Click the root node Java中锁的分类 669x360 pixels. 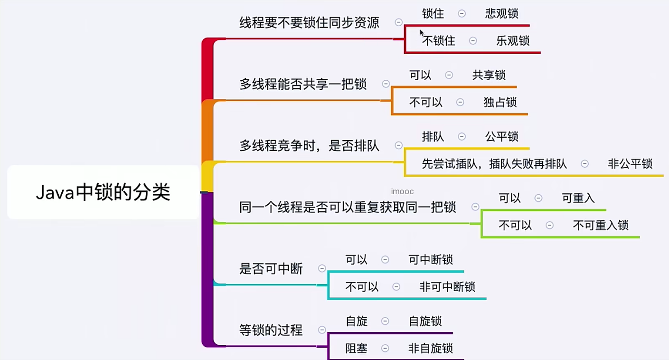coord(103,192)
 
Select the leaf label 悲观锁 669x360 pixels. coord(501,13)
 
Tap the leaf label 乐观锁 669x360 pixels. coord(513,41)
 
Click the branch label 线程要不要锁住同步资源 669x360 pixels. coord(309,22)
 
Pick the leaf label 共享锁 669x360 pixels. coord(489,75)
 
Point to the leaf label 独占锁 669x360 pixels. coord(500,102)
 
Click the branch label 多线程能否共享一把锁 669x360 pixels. coord(303,84)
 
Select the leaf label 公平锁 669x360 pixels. coord(501,137)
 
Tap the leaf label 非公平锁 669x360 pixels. coord(630,164)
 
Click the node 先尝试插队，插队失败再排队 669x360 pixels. coord(494,164)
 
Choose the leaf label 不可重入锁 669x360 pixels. coord(601,225)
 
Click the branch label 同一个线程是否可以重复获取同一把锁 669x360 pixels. coord(348,207)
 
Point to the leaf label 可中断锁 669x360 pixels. coord(431,259)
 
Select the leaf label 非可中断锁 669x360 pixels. coord(447,287)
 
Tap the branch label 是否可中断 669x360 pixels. coord(271,269)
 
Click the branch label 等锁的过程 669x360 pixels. coord(271,330)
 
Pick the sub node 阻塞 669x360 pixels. coord(356,348)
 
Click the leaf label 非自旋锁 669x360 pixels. coord(431,348)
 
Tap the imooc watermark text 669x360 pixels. coord(402,191)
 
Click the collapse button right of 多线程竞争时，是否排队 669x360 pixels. coord(398,146)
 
